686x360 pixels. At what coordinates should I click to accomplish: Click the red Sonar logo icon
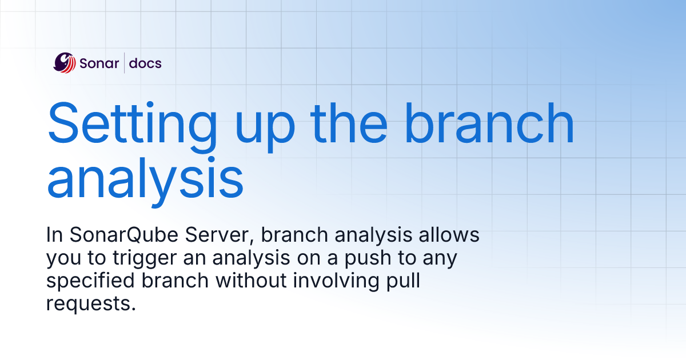click(x=65, y=63)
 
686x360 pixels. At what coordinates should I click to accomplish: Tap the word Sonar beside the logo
click(x=99, y=63)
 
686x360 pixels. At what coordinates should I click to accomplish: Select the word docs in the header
click(x=145, y=63)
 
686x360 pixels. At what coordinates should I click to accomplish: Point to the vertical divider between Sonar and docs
click(x=125, y=63)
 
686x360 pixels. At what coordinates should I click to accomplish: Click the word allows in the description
click(x=450, y=235)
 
